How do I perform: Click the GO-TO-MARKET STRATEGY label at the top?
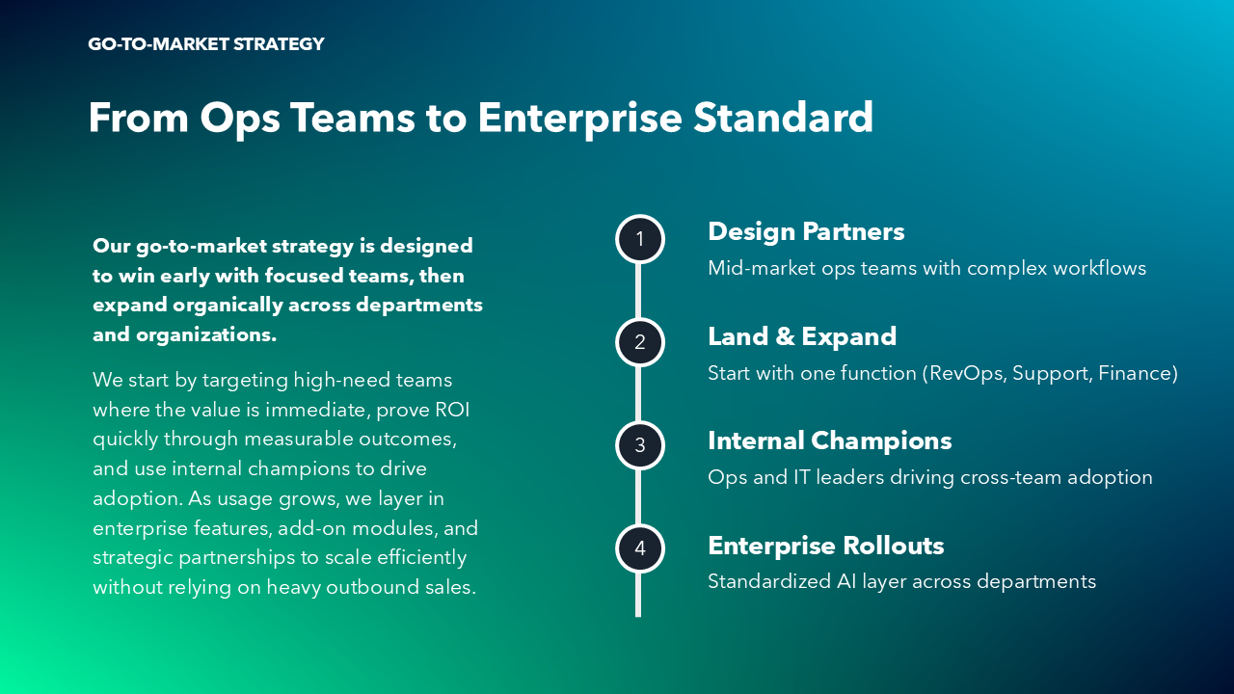click(206, 44)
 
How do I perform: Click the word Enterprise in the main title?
click(580, 119)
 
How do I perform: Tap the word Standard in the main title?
click(784, 118)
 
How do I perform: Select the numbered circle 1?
click(639, 239)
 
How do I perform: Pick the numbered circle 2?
click(639, 342)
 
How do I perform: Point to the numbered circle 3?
click(639, 445)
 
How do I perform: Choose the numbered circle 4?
click(639, 548)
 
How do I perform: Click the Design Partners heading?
click(806, 231)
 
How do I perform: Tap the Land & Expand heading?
click(802, 336)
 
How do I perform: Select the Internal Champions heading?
click(830, 440)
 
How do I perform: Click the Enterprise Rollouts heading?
click(826, 546)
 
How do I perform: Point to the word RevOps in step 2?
click(969, 373)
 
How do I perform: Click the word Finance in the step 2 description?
click(1134, 373)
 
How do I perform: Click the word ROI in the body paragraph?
click(452, 410)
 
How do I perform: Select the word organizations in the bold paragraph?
click(206, 335)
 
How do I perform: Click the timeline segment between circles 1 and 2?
click(638, 291)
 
